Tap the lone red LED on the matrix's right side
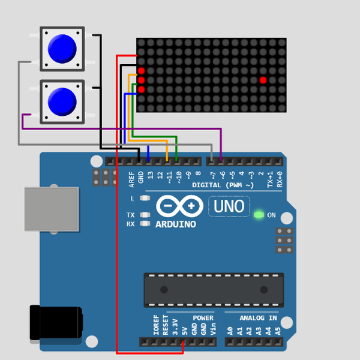coord(263,80)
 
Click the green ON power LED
coord(259,214)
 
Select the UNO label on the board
coord(230,207)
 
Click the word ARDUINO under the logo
coord(176,224)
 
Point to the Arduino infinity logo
coord(179,207)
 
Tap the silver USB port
coord(52,209)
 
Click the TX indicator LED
coord(144,215)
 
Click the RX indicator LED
coord(144,224)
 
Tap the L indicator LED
coord(144,198)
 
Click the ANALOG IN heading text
coord(258,318)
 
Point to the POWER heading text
coord(203,318)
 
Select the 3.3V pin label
coord(175,327)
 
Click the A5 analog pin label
coord(278,329)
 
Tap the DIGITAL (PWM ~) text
coord(223,185)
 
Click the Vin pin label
coord(213,328)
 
